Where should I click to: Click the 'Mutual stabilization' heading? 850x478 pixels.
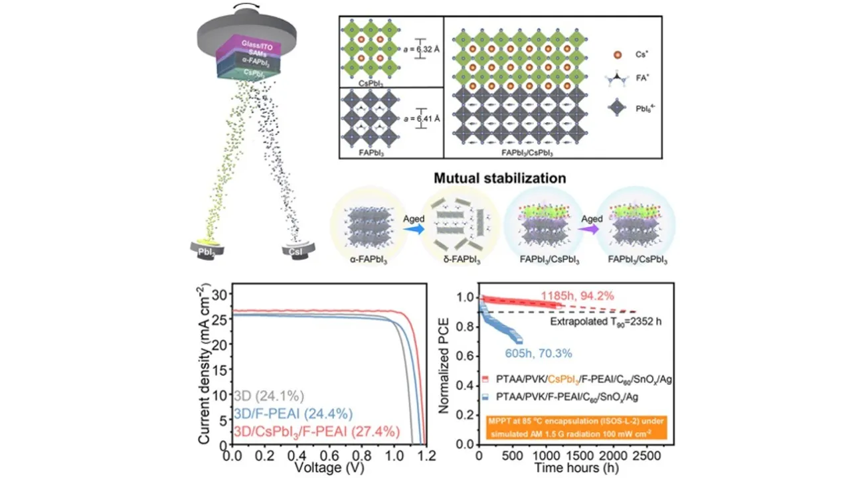(x=499, y=178)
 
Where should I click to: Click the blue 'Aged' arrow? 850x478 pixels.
(x=411, y=227)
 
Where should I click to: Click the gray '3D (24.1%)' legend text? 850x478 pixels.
(x=269, y=397)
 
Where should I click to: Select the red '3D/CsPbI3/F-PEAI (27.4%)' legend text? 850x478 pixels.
(x=317, y=432)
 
